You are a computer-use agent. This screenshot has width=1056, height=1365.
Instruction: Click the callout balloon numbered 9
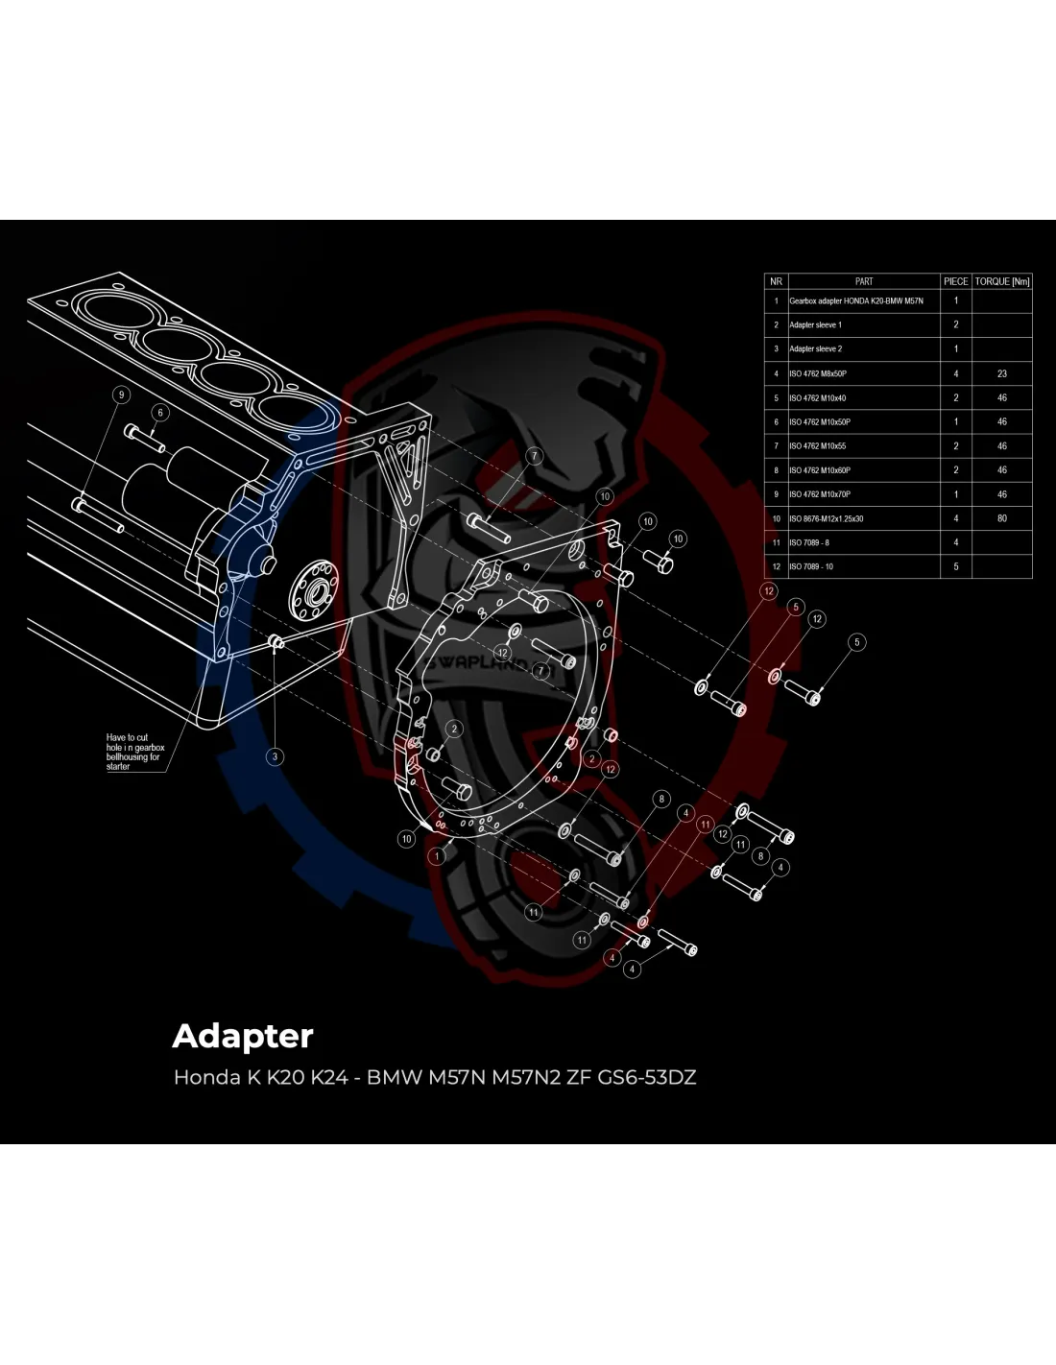click(x=120, y=395)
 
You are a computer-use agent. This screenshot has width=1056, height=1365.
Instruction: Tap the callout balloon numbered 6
click(x=160, y=412)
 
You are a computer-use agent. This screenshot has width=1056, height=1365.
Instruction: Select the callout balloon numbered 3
click(x=275, y=756)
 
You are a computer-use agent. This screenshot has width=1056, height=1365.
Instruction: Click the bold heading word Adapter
click(x=243, y=1036)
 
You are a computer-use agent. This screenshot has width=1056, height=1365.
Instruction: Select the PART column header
click(x=863, y=281)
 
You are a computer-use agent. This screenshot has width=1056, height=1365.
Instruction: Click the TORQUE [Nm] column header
click(x=1002, y=281)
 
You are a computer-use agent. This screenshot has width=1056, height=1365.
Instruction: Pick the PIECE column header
click(x=955, y=281)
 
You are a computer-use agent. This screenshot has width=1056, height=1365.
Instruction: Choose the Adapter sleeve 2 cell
click(x=815, y=349)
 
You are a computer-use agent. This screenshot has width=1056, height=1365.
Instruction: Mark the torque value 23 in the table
click(x=1002, y=373)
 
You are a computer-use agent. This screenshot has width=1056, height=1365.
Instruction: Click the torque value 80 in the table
click(x=1002, y=518)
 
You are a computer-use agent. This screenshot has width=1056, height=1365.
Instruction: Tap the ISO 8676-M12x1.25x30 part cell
click(x=826, y=518)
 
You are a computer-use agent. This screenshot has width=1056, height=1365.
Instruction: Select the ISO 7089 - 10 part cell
click(x=811, y=566)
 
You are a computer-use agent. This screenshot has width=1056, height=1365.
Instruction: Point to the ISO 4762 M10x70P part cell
click(x=820, y=494)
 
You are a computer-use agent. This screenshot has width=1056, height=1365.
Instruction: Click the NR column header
click(x=776, y=281)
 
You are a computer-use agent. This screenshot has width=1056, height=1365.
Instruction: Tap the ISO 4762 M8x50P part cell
click(x=819, y=373)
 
